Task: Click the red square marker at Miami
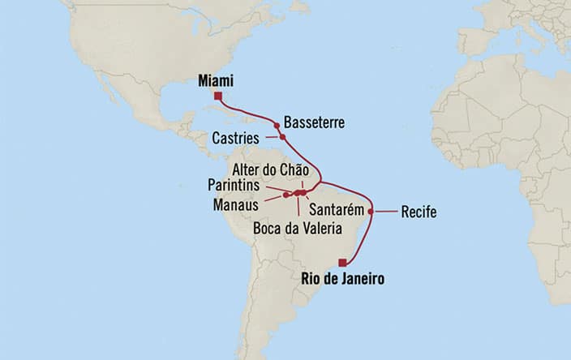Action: pyautogui.click(x=217, y=96)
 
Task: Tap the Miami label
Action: pyautogui.click(x=216, y=81)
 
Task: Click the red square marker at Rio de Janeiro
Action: pyautogui.click(x=343, y=262)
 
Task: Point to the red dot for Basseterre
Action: pyautogui.click(x=277, y=126)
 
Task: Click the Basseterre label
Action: pyautogui.click(x=313, y=122)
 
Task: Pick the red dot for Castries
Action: pyautogui.click(x=283, y=136)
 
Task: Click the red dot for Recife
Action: pyautogui.click(x=371, y=212)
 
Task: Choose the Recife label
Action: pyautogui.click(x=419, y=212)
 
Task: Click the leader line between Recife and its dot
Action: pyautogui.click(x=385, y=212)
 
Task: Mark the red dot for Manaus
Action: pyautogui.click(x=286, y=195)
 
